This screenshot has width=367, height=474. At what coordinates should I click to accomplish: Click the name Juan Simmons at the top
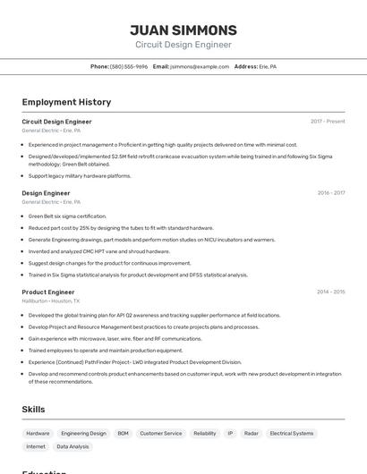(x=183, y=30)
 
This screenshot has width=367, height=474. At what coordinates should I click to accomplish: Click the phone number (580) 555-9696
(x=129, y=66)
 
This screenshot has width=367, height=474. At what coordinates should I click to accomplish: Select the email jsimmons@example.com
(x=200, y=66)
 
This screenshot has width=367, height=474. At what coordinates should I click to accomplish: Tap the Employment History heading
(x=66, y=102)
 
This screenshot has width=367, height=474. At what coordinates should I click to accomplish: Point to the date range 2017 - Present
(x=328, y=122)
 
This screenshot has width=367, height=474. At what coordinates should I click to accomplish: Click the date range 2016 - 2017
(x=330, y=193)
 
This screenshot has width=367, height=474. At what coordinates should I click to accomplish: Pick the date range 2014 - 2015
(x=330, y=292)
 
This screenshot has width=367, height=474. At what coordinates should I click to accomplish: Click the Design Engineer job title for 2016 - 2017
(x=46, y=193)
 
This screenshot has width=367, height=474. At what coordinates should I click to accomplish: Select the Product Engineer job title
(x=48, y=292)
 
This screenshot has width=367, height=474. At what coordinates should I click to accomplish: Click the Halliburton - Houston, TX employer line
(x=51, y=301)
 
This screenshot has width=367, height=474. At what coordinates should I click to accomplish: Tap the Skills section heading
(x=34, y=409)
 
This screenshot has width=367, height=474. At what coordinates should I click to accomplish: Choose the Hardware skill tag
(x=38, y=433)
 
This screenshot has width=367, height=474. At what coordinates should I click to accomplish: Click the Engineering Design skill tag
(x=83, y=433)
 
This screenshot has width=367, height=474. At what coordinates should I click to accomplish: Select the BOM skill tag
(x=124, y=433)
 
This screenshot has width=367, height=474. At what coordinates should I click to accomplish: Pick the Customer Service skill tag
(x=161, y=433)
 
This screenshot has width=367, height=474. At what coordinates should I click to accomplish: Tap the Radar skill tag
(x=252, y=433)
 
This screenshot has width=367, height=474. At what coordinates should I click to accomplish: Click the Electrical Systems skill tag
(x=292, y=433)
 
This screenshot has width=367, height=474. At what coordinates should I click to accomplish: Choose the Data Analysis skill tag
(x=73, y=446)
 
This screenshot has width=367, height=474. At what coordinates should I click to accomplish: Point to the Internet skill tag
(x=36, y=446)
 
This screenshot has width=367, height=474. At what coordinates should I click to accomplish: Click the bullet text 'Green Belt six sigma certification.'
(x=67, y=216)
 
